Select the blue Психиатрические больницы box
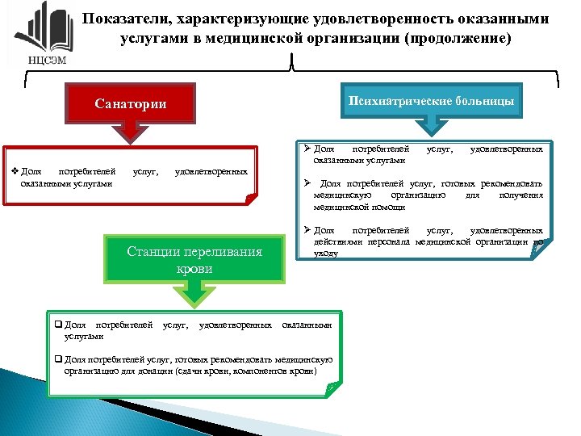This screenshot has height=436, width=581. (x=433, y=100)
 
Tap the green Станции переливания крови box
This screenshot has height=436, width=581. (x=194, y=260)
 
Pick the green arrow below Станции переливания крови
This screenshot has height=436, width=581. (x=194, y=296)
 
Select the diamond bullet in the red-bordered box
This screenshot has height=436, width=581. (x=15, y=171)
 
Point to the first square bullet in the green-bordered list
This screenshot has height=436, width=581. (x=58, y=325)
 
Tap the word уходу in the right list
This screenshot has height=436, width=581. (x=327, y=253)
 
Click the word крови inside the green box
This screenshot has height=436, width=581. (x=194, y=269)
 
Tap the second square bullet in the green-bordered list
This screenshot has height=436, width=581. (x=58, y=359)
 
